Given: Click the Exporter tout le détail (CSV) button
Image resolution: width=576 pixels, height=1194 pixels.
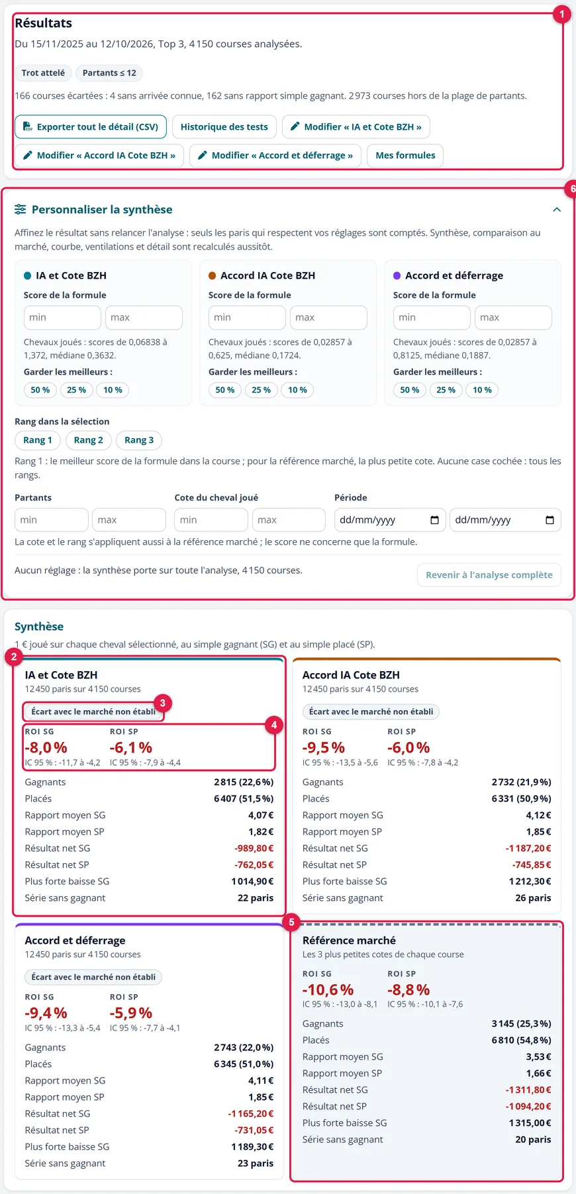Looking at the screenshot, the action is point(91,126).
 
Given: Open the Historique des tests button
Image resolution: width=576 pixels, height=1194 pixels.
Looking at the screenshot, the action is point(224,126).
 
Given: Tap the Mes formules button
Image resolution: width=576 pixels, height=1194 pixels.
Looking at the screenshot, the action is point(405,156).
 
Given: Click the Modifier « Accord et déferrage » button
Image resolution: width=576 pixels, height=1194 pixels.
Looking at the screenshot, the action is point(275,156).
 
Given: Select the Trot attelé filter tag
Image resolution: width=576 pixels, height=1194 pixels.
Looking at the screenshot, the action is point(43,73).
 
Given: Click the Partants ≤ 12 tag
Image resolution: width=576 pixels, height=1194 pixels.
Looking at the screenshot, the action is point(109,73).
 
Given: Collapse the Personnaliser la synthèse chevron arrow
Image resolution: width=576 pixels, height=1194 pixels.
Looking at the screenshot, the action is point(557,209).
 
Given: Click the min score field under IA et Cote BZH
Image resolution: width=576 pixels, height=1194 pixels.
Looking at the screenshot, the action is point(62,318).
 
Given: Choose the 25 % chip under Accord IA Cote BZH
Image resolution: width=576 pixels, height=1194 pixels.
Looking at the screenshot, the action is point(261,390).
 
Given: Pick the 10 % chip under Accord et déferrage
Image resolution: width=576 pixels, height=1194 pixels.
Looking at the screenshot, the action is point(482,390).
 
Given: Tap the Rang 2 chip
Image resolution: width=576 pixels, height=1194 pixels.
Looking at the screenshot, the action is point(88,440).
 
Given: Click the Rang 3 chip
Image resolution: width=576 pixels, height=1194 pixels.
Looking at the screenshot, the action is point(139,440).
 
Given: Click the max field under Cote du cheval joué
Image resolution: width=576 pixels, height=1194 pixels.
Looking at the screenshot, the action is point(289,520).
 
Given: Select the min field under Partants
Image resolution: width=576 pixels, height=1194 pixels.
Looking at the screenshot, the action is point(52,520).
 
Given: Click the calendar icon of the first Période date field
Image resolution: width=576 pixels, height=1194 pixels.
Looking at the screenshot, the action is point(434,520).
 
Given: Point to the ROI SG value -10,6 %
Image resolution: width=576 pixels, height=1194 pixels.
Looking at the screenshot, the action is point(328,989).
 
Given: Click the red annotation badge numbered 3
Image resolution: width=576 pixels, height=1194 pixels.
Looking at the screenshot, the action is point(162,703).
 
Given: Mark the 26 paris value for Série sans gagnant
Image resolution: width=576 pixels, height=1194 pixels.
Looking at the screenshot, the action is point(533,898).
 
